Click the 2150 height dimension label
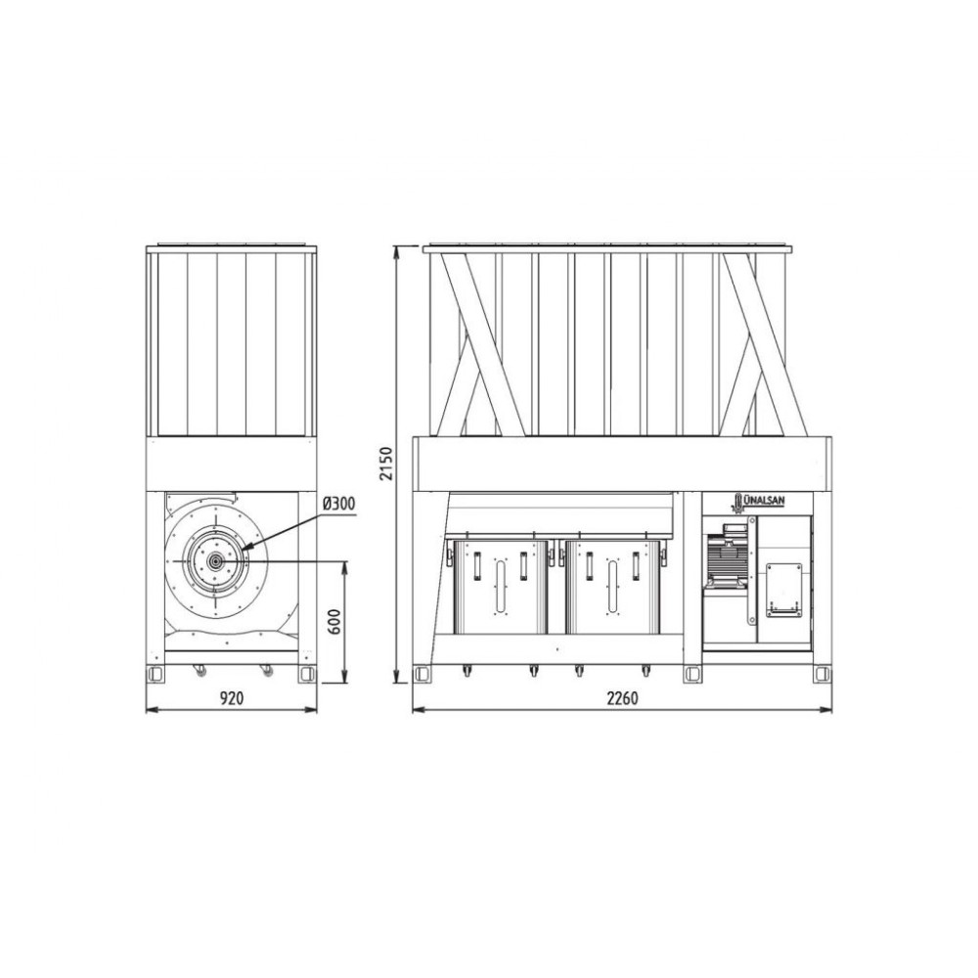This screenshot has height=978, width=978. [x=387, y=464]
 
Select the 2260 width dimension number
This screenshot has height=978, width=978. [x=622, y=698]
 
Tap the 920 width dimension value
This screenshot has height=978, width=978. [x=232, y=698]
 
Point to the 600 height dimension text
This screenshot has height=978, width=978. [x=334, y=621]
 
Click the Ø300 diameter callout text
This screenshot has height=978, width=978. [x=339, y=504]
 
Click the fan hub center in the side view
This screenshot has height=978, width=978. [x=216, y=561]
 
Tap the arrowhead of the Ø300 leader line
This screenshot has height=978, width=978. [x=244, y=547]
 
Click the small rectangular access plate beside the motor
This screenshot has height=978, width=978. [x=783, y=590]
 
